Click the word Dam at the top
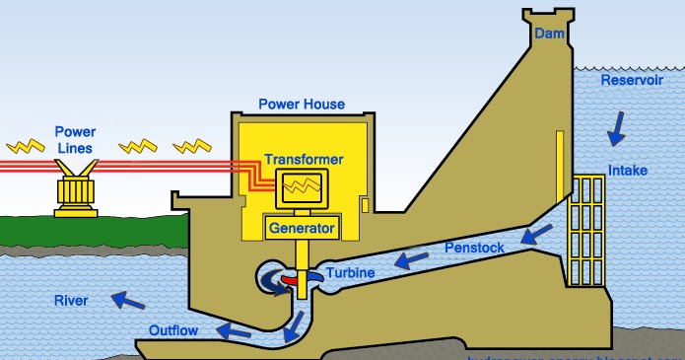click(x=549, y=35)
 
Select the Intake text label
click(x=628, y=171)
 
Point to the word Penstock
click(x=475, y=248)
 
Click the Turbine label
click(x=352, y=272)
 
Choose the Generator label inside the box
click(x=302, y=229)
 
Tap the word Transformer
click(x=304, y=160)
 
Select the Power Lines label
click(x=75, y=140)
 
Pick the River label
click(x=71, y=301)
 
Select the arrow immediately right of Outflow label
click(x=233, y=330)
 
